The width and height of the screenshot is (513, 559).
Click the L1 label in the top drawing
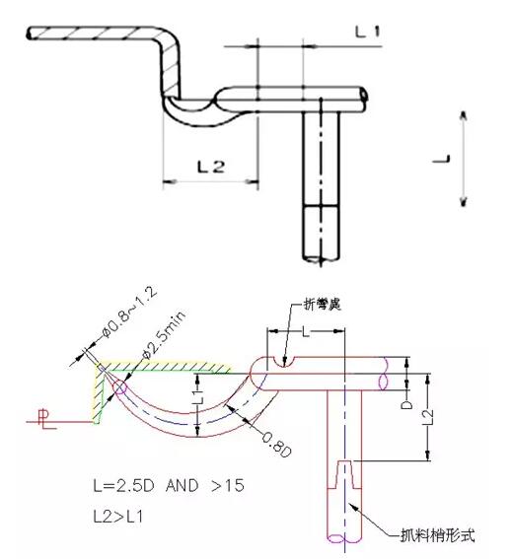(368, 32)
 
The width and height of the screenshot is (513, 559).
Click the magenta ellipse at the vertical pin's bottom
(346, 538)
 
